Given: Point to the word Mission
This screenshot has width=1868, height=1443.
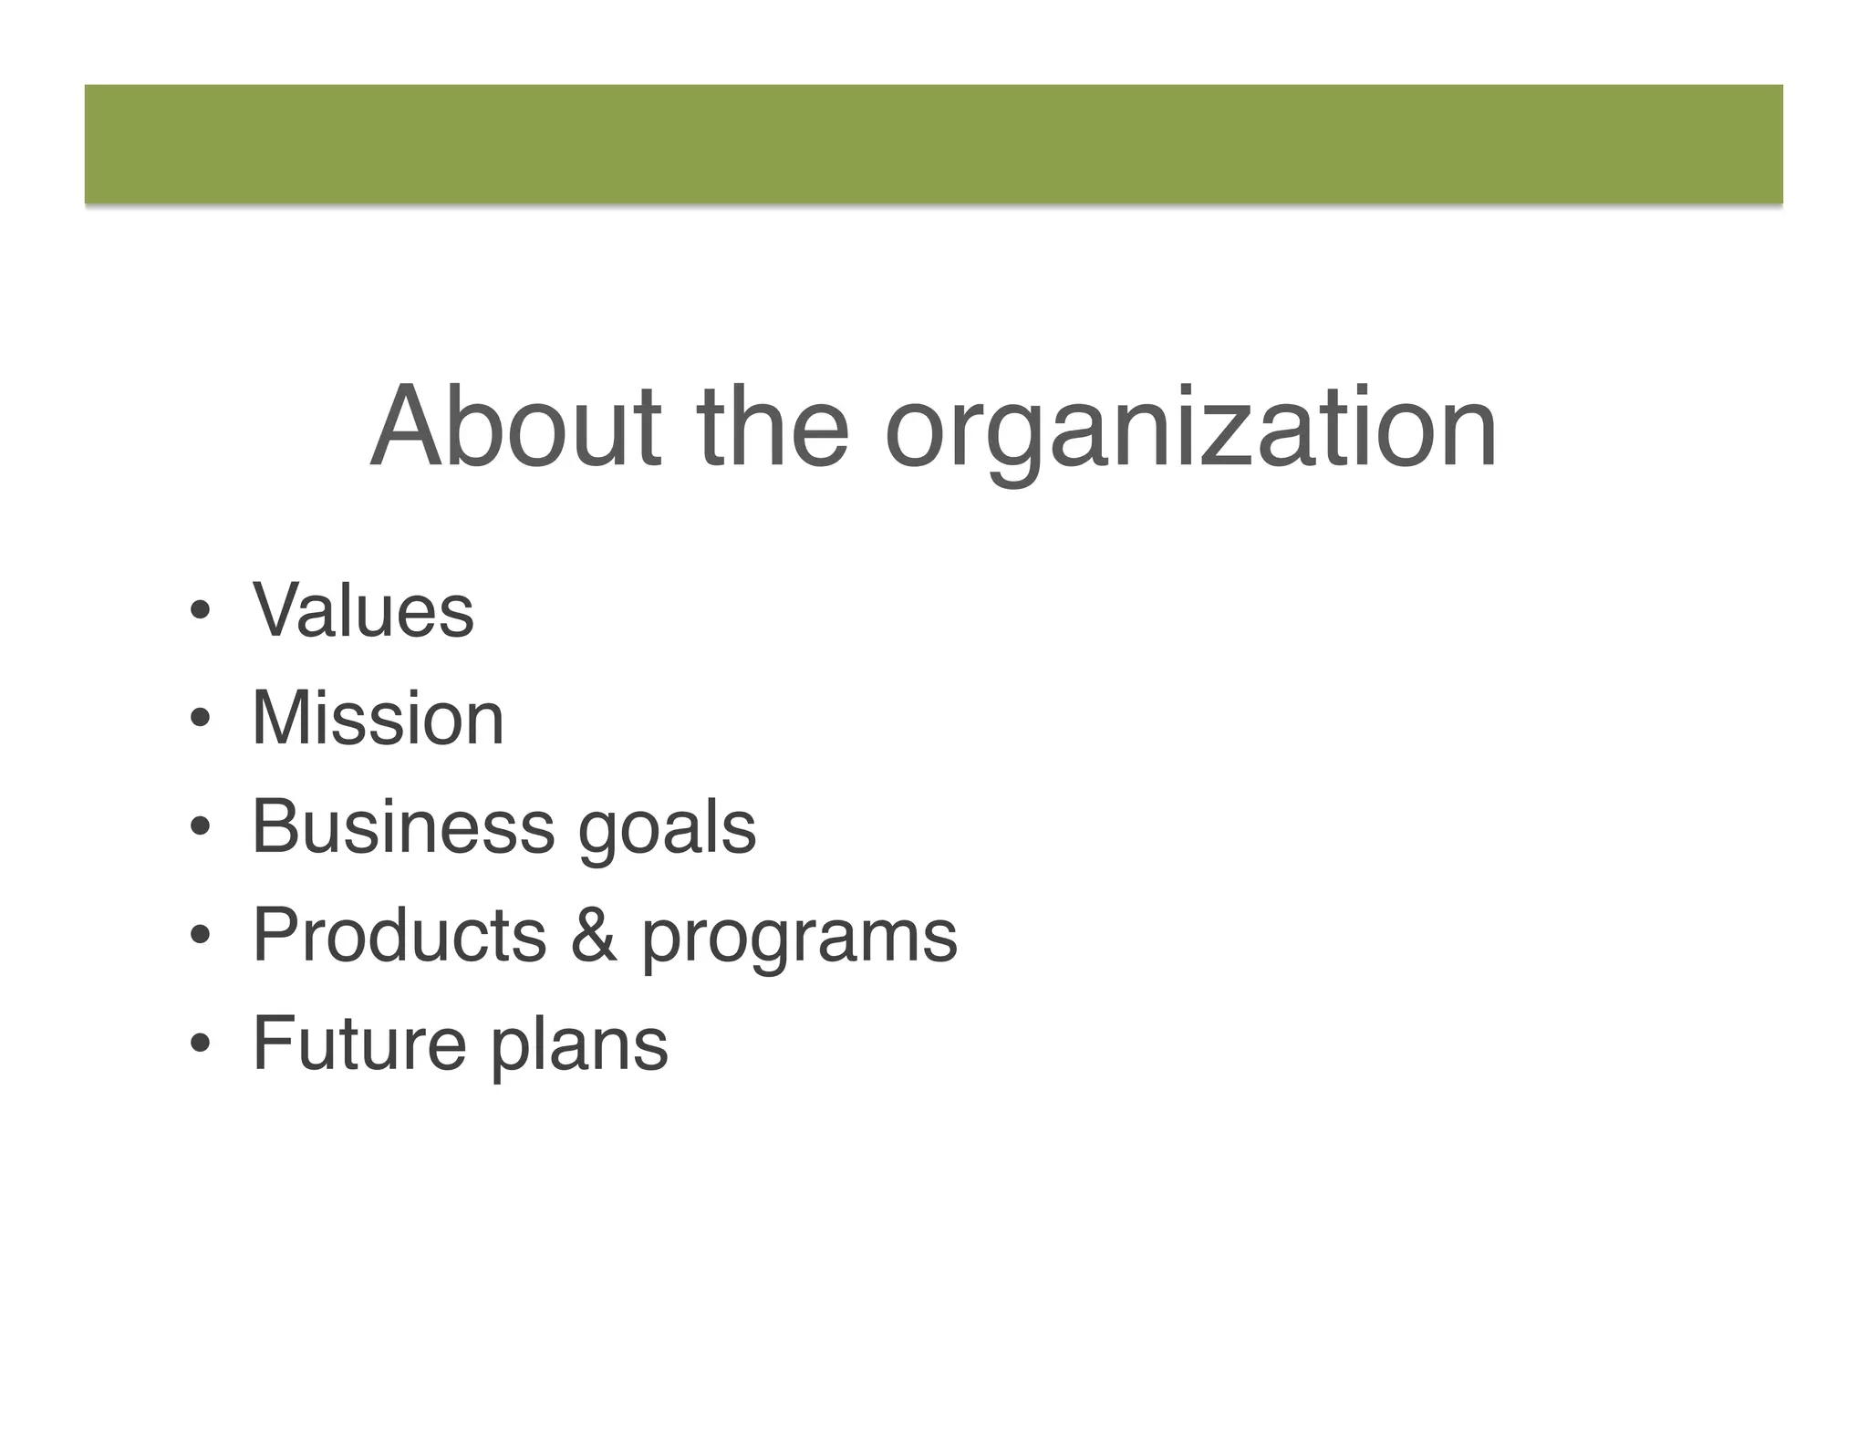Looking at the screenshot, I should click(378, 718).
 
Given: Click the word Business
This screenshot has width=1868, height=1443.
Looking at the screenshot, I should click(403, 826).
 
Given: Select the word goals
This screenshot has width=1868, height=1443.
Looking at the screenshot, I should click(667, 830).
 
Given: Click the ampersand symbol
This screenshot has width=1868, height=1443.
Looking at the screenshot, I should click(594, 935).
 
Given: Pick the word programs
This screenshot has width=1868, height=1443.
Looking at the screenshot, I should click(799, 940).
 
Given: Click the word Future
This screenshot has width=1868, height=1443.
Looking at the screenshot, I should click(359, 1043).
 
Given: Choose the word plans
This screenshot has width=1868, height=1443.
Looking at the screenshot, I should click(579, 1047).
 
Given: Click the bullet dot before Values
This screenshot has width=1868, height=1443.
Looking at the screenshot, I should click(200, 611).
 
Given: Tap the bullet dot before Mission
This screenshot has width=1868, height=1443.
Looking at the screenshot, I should click(200, 720).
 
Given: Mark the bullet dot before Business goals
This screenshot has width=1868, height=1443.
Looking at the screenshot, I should click(200, 828).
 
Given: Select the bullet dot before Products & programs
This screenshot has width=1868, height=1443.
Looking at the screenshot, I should click(200, 936).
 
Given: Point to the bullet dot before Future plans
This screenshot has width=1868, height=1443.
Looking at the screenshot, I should click(200, 1044).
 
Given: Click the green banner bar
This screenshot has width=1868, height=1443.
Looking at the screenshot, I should click(934, 144).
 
